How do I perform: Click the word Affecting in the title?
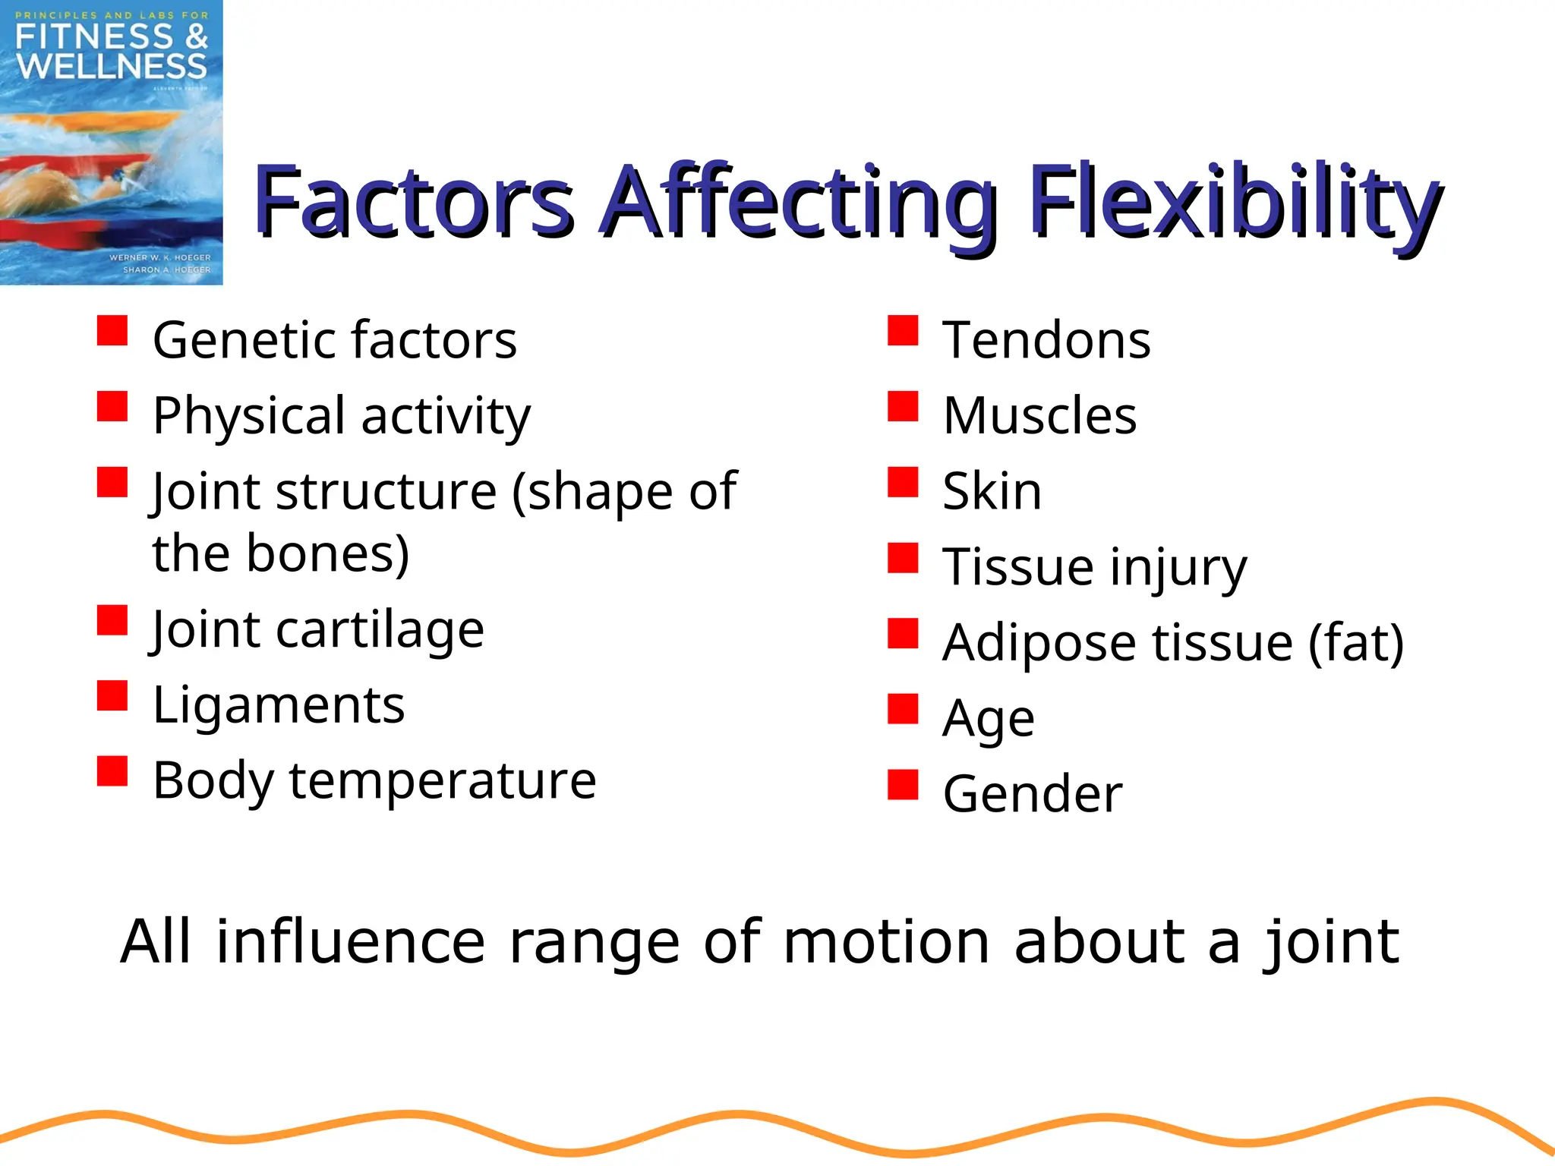pos(797,203)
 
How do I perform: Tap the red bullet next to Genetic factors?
pos(112,331)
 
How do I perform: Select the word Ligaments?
pos(279,706)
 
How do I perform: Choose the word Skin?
pos(992,491)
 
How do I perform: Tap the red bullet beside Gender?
pos(903,785)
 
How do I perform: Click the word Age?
pos(988,718)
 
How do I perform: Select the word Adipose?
pos(1040,644)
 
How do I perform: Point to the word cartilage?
pos(380,630)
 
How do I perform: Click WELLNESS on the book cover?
pos(111,67)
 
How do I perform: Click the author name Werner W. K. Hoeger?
pos(159,257)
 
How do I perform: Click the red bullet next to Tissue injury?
pos(903,558)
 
